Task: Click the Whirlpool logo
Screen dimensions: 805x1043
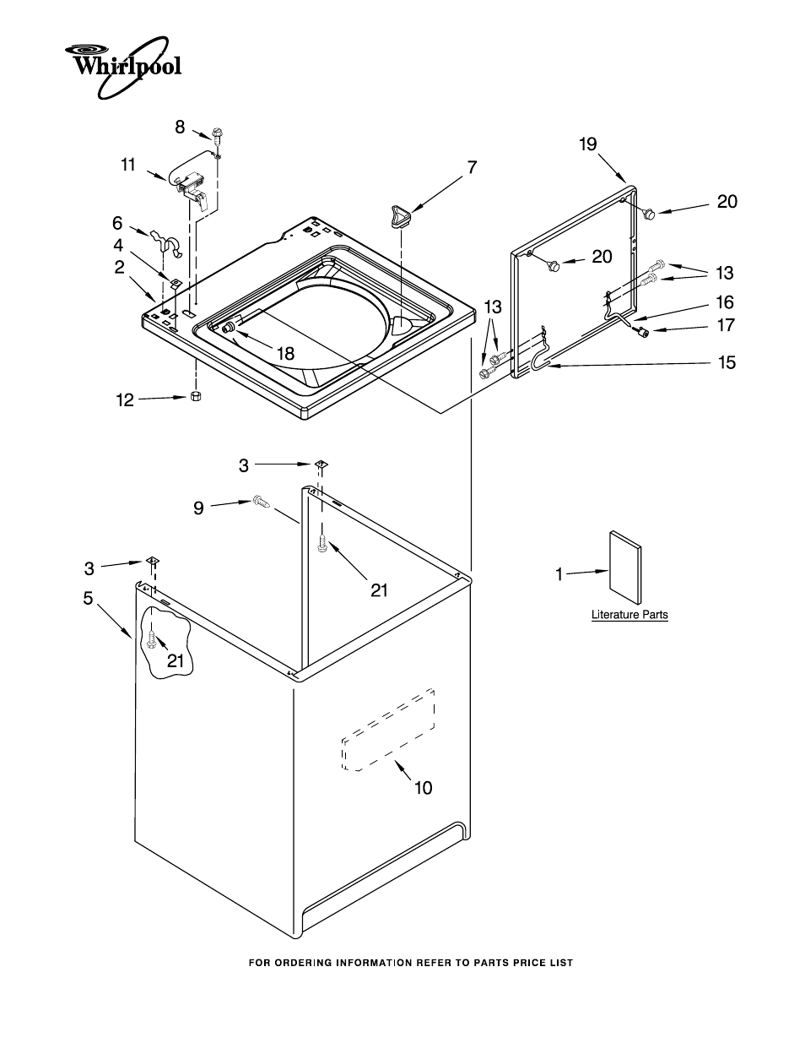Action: tap(123, 67)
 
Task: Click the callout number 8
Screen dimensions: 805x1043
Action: tap(180, 128)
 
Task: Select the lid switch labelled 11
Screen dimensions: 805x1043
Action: tap(192, 188)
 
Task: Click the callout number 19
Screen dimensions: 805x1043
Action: tap(588, 144)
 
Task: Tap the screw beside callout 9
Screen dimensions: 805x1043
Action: tap(261, 502)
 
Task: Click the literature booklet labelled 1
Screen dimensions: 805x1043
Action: tap(625, 568)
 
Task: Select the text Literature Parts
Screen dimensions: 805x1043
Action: tap(629, 615)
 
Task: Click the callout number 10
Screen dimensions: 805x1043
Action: tap(424, 788)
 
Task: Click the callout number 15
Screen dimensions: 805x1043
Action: tap(727, 362)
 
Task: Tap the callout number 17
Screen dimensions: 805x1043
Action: tap(726, 325)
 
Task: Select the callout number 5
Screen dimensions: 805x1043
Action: tap(89, 598)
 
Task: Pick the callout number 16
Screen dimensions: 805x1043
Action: tap(725, 302)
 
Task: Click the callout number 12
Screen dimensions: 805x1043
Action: tap(125, 399)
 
